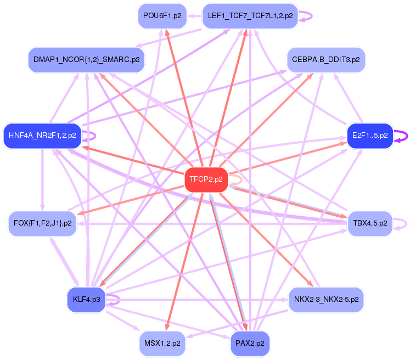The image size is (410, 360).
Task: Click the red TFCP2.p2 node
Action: click(x=206, y=179)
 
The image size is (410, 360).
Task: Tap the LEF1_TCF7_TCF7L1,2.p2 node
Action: click(x=250, y=16)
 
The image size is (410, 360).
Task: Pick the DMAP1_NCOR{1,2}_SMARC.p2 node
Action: click(x=86, y=59)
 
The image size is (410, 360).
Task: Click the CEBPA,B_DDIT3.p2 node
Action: click(x=326, y=59)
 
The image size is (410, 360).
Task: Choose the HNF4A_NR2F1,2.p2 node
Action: click(x=42, y=134)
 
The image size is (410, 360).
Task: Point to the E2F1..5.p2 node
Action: click(x=370, y=134)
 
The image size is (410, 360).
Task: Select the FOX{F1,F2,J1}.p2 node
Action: click(x=42, y=223)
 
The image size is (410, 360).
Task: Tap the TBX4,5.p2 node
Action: click(x=370, y=223)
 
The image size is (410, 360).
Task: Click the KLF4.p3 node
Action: click(x=86, y=300)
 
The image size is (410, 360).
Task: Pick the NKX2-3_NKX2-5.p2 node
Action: click(x=326, y=300)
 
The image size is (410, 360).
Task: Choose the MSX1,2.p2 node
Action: click(x=162, y=343)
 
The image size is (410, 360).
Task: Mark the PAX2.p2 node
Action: click(x=250, y=343)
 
